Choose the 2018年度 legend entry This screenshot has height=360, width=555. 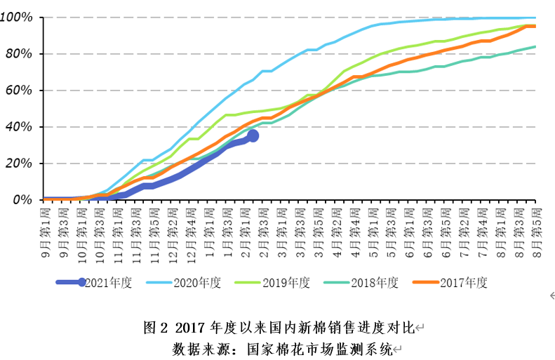pyautogui.click(x=375, y=283)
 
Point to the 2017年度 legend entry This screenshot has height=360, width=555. pyautogui.click(x=463, y=283)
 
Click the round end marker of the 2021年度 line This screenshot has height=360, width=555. pyautogui.click(x=253, y=136)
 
